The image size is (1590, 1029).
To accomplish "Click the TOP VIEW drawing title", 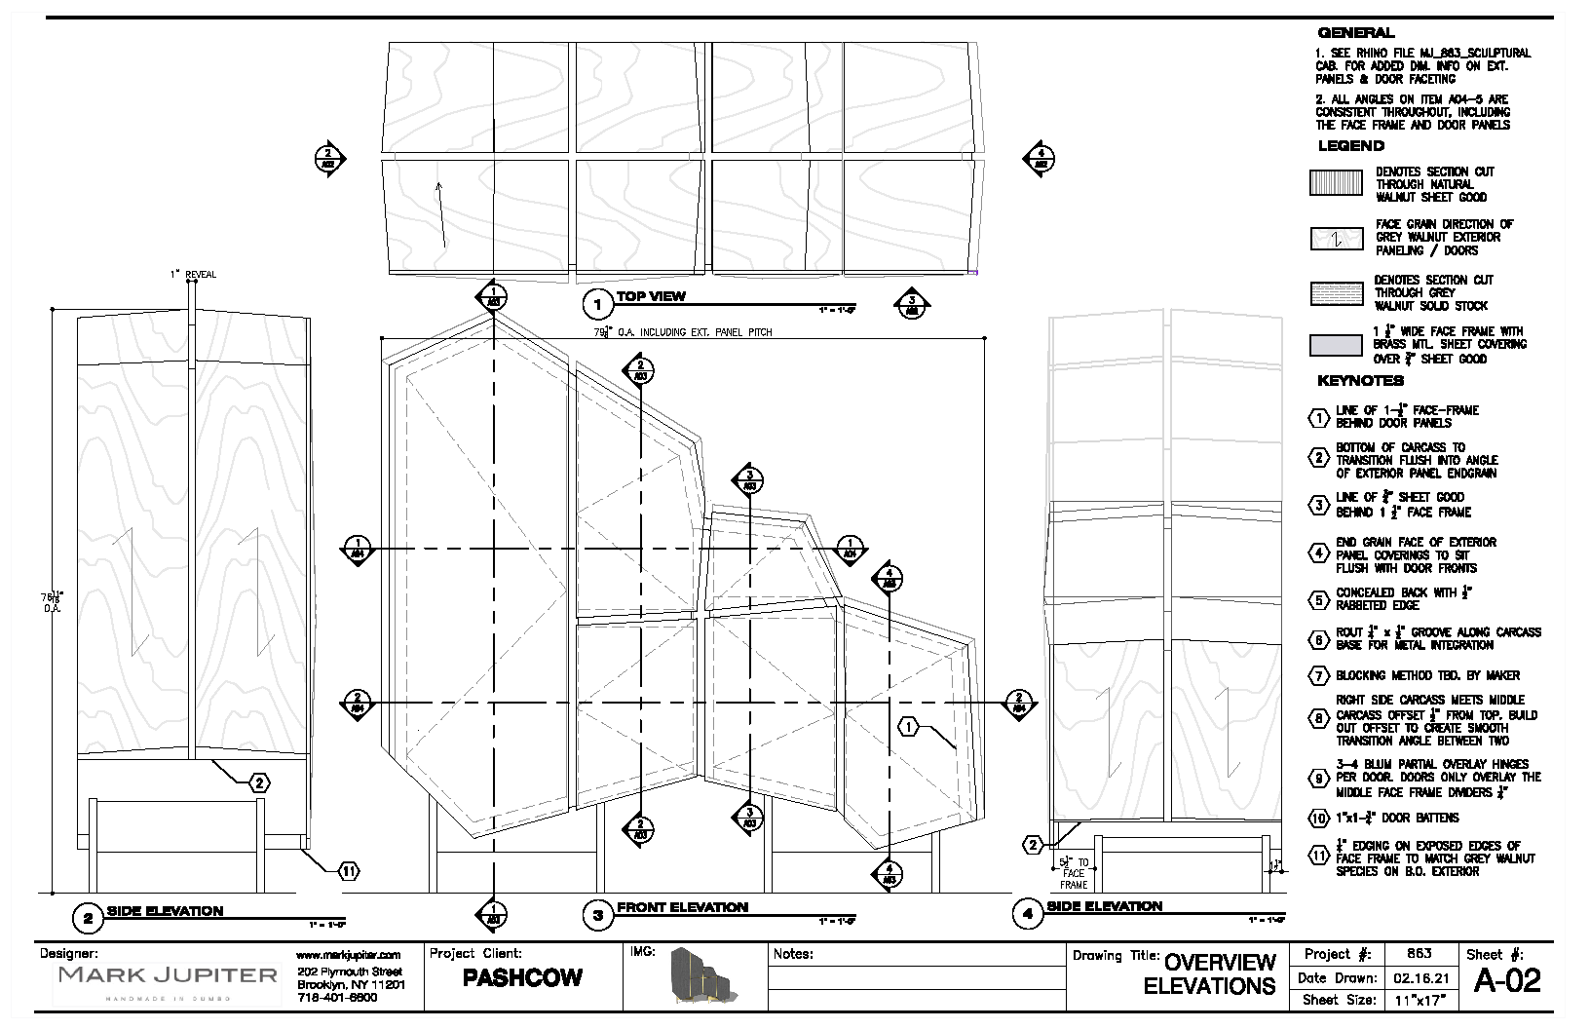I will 651,296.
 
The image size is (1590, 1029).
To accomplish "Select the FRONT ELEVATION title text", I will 682,907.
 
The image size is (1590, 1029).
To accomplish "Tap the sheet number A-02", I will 1507,980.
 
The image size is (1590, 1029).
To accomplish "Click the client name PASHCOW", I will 523,977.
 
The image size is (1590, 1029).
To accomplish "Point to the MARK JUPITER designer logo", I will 169,975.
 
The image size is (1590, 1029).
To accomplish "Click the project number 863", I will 1420,954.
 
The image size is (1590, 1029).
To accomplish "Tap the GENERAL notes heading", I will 1355,33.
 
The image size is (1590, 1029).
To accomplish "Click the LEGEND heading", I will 1350,146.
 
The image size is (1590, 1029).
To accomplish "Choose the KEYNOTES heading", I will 1360,381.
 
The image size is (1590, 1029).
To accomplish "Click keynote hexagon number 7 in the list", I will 1318,675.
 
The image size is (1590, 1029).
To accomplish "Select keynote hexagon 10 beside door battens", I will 1318,819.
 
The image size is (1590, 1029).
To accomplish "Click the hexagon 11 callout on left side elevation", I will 348,871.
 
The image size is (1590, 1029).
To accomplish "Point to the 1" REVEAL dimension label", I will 194,275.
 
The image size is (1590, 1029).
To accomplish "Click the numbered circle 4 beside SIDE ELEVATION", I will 1028,914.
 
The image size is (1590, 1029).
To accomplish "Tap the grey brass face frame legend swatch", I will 1336,346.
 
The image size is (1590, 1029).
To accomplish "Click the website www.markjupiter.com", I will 348,955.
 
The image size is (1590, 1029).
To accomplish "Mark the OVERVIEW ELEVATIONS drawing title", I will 1210,974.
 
